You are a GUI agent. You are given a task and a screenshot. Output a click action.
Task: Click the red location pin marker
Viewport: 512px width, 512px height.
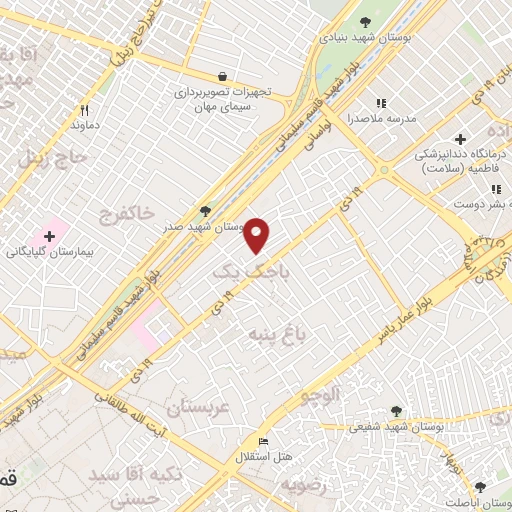(x=257, y=234)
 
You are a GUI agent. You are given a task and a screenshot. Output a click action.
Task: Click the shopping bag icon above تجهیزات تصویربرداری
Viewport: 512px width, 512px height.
(x=222, y=76)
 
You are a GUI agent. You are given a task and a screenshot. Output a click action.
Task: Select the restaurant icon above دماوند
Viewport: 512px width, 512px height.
(x=84, y=111)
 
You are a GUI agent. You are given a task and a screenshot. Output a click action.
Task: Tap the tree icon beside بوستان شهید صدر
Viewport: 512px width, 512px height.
(x=206, y=211)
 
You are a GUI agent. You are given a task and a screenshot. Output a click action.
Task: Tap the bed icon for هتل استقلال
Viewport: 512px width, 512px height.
(x=263, y=442)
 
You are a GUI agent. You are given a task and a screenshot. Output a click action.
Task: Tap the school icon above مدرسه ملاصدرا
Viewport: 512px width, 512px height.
(x=380, y=102)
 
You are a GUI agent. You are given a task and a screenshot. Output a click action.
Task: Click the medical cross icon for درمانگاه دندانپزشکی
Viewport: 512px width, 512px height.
(x=460, y=139)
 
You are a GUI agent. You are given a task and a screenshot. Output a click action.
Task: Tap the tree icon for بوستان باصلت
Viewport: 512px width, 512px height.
(x=480, y=487)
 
